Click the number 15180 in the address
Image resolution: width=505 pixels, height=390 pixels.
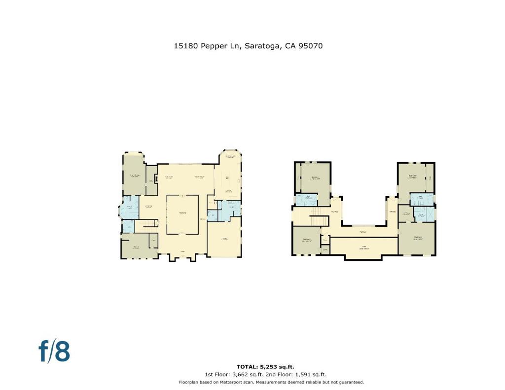185,46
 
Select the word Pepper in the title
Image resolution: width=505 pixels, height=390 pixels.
214,46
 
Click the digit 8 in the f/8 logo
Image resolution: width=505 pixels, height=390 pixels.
62,352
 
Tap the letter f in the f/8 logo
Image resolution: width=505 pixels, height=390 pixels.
44,352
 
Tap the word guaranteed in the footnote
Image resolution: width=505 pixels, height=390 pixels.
349,383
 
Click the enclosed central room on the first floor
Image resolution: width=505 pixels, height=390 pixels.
182,214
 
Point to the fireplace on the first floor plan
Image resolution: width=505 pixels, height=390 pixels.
156,179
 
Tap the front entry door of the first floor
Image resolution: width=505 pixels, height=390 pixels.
182,256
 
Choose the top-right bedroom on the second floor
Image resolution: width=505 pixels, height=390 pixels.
414,178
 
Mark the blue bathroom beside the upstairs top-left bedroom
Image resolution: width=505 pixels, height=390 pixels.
306,200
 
